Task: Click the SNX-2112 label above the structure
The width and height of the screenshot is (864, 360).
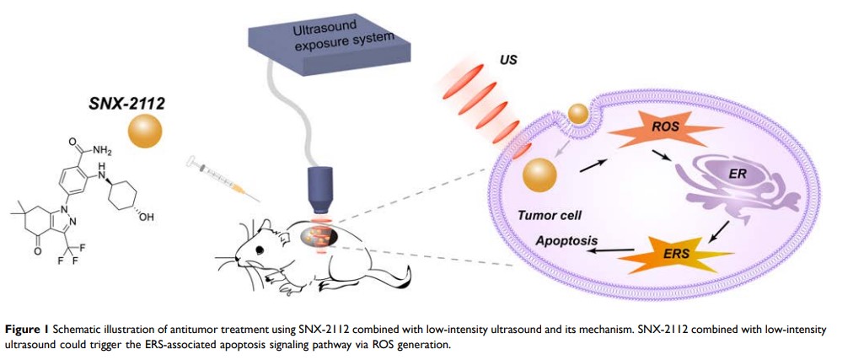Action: (126, 105)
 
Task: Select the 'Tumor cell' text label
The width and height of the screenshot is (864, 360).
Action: (549, 216)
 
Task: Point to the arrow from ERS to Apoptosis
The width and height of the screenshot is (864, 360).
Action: (610, 249)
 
